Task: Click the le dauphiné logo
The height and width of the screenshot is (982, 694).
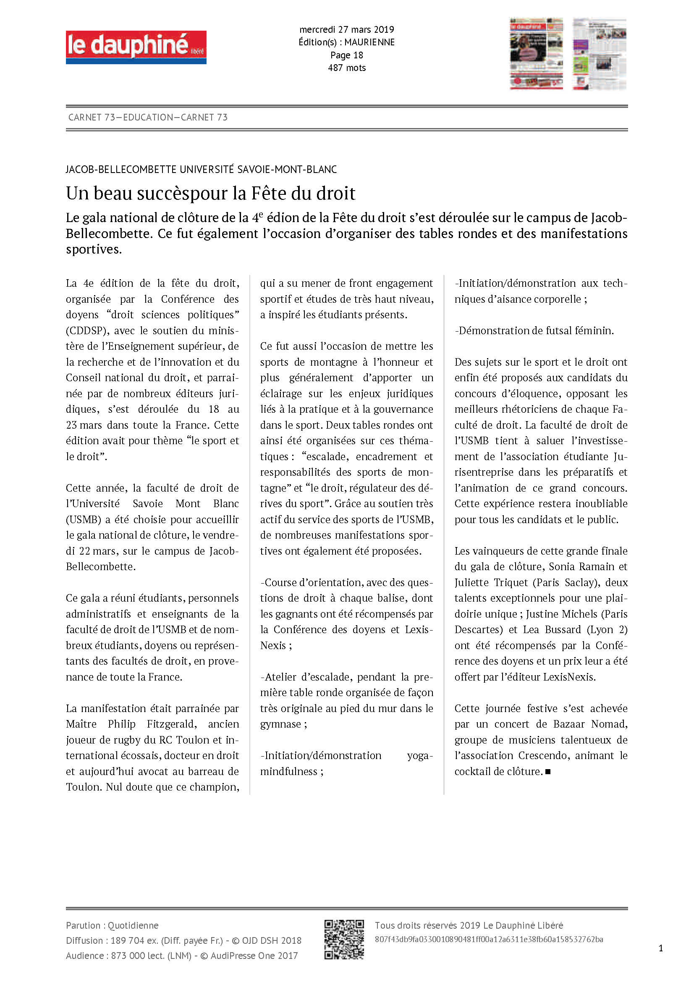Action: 136,47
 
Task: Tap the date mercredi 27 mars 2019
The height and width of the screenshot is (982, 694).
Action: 346,29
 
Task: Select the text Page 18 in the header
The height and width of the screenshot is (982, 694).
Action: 346,55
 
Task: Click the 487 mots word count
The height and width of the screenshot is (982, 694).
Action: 346,68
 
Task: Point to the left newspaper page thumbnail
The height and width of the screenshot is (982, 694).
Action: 536,53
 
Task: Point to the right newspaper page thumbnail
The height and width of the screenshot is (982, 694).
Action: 599,53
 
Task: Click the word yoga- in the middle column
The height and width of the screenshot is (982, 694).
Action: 420,756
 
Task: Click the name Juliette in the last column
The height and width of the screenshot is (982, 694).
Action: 471,583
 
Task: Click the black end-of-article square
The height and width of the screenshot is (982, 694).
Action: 548,772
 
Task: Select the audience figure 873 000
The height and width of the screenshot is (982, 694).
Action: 128,956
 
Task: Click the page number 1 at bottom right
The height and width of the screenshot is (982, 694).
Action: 661,949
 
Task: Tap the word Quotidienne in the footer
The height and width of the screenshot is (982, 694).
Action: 133,926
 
